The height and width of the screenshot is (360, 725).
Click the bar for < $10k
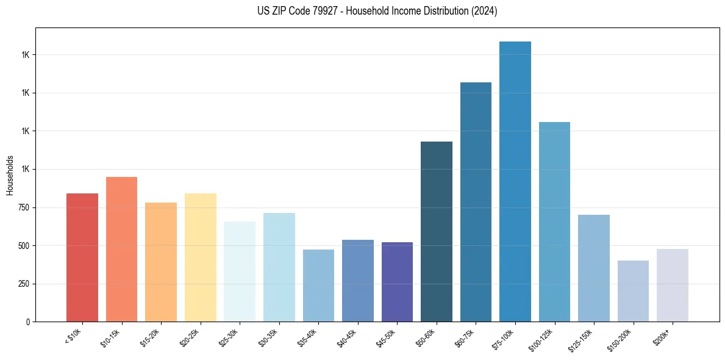82,257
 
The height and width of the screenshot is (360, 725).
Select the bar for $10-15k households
121,249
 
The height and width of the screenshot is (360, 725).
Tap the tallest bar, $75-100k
515,182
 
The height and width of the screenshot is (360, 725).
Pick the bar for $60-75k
476,202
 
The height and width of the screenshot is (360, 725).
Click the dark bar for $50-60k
437,232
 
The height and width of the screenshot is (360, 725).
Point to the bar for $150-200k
633,291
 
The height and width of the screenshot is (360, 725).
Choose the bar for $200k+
673,285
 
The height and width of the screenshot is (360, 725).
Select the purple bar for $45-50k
397,282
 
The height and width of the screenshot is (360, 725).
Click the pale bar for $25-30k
240,272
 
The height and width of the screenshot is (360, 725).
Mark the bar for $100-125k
554,222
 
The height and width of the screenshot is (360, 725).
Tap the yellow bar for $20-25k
201,257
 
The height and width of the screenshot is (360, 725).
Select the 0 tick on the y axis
27,322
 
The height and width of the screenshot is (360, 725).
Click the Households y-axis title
10,175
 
